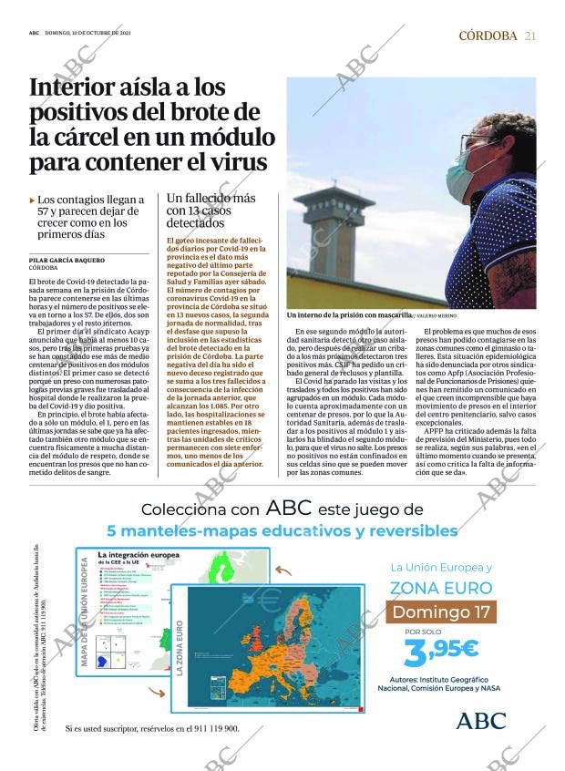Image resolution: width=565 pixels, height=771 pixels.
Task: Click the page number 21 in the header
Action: pyautogui.click(x=529, y=36)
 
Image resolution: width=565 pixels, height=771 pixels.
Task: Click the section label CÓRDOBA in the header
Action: pyautogui.click(x=488, y=36)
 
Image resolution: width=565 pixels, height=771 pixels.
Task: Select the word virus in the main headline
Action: pyautogui.click(x=232, y=162)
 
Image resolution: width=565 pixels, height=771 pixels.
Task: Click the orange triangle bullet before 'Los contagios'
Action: pyautogui.click(x=33, y=200)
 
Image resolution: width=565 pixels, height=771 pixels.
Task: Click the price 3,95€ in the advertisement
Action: pyautogui.click(x=441, y=649)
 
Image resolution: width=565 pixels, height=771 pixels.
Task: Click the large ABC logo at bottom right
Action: pyautogui.click(x=480, y=720)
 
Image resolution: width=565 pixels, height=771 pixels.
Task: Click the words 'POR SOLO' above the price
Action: pyautogui.click(x=422, y=632)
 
